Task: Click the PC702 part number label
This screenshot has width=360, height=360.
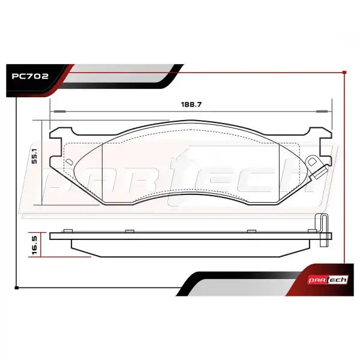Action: [30, 76]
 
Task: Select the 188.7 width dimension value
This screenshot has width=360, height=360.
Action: [191, 104]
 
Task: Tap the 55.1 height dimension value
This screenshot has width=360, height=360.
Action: [34, 156]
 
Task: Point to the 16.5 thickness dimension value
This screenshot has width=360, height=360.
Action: [34, 245]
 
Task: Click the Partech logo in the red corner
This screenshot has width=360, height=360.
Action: [328, 280]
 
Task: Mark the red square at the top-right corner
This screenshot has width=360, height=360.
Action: [344, 73]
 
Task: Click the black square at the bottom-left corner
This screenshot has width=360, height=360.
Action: [17, 287]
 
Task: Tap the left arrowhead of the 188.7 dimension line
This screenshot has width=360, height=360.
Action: [59, 112]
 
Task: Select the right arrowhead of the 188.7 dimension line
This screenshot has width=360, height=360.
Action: [322, 112]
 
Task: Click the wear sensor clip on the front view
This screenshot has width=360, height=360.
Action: [317, 167]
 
